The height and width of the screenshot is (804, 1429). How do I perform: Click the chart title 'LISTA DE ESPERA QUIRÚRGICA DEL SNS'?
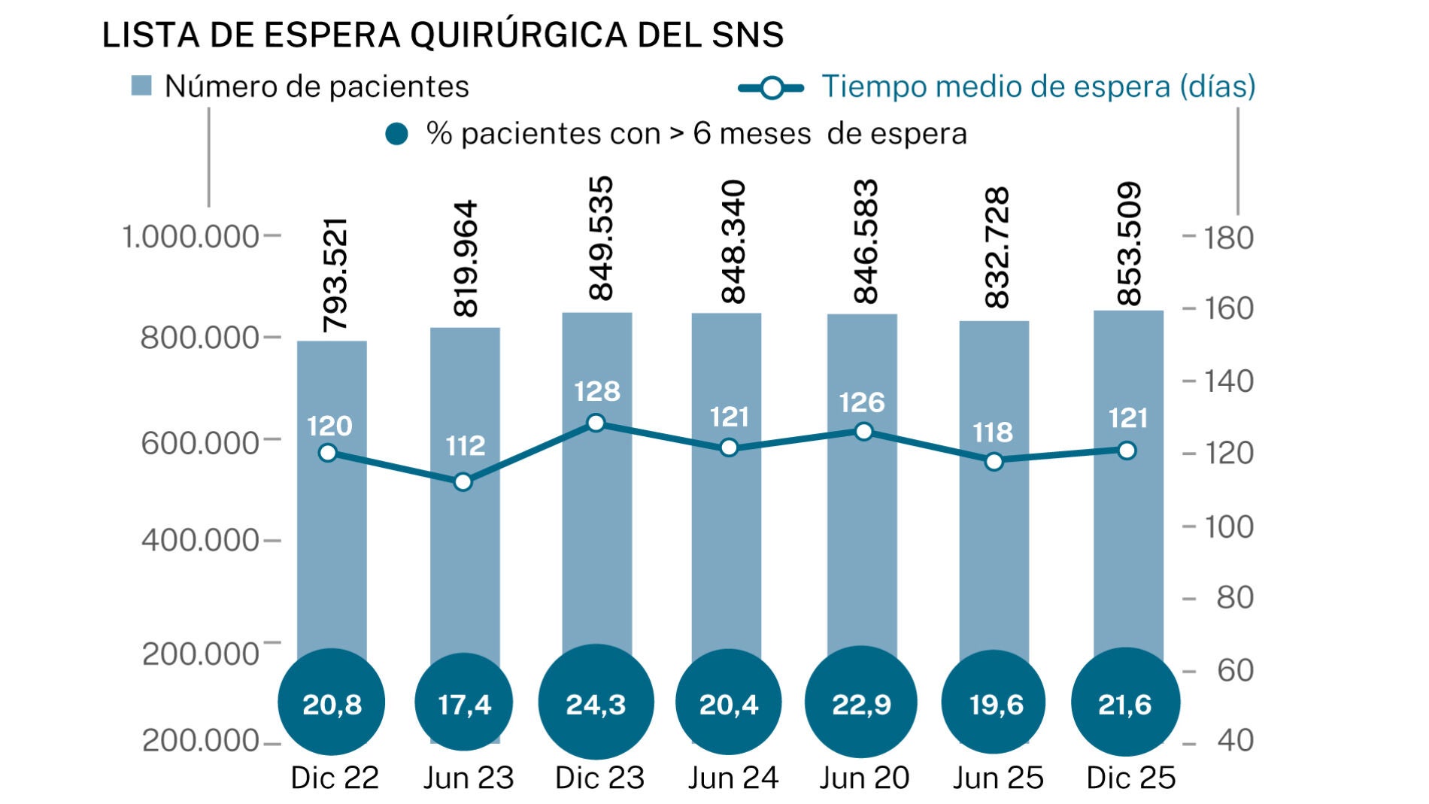click(442, 35)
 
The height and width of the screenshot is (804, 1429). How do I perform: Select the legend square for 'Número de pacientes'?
click(141, 86)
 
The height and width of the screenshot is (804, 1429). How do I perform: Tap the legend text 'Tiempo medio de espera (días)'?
click(1038, 86)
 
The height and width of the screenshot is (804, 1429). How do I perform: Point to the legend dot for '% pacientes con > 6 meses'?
click(396, 135)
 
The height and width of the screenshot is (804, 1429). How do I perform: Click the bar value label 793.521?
click(335, 275)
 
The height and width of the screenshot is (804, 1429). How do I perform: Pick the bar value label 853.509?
click(1130, 244)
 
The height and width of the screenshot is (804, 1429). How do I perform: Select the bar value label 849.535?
click(601, 238)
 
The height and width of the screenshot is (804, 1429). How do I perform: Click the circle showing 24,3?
click(596, 703)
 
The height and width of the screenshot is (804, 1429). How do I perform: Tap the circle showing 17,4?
click(464, 703)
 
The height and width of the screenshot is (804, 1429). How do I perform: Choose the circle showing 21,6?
click(1125, 703)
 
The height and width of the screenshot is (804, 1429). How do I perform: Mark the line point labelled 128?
click(596, 423)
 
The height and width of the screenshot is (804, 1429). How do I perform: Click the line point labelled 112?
click(463, 482)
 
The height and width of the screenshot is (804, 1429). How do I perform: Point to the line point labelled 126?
click(864, 432)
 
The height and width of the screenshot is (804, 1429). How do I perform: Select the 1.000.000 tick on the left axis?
click(190, 237)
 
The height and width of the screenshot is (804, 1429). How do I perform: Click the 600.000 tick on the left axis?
click(200, 442)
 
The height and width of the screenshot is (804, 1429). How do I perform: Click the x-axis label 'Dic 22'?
click(335, 778)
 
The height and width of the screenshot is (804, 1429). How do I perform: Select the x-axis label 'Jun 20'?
click(864, 778)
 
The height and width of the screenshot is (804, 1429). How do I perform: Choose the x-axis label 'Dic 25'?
click(1130, 778)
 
